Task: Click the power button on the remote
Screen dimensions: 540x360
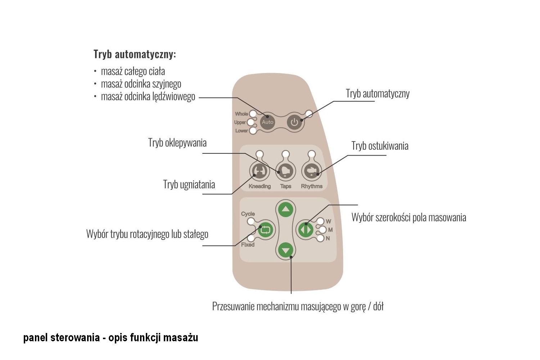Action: [294, 122]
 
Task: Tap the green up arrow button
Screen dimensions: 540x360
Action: [286, 209]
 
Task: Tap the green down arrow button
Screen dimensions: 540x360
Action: [286, 250]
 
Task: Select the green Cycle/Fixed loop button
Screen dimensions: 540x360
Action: [265, 230]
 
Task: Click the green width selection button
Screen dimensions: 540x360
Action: [306, 230]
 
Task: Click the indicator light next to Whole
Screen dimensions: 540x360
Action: [253, 113]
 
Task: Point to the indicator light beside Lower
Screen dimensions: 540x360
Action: [253, 131]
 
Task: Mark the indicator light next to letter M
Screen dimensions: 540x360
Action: [323, 230]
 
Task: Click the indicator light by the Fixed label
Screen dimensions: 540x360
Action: [251, 238]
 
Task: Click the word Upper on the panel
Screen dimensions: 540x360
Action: [240, 122]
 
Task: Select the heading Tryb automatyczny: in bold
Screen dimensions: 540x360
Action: [135, 54]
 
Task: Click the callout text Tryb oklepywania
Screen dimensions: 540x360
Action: [177, 143]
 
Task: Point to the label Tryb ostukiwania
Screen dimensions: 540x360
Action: [380, 146]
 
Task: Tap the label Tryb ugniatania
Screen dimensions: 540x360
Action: [189, 184]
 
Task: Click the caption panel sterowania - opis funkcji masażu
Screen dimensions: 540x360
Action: [111, 338]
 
